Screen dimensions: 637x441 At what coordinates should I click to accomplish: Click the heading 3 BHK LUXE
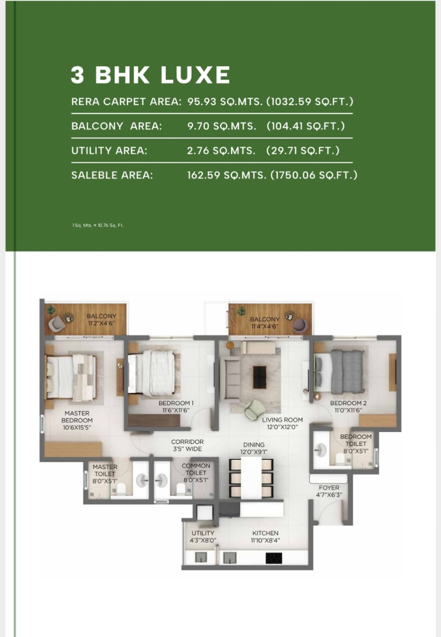pos(150,75)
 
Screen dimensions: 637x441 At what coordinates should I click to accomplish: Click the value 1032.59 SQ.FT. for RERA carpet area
pos(310,102)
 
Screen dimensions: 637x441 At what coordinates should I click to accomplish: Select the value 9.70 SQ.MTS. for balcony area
pos(221,126)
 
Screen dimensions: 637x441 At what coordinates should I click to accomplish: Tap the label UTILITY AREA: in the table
pos(110,150)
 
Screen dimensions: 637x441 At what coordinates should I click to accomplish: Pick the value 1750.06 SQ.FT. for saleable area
pos(314,175)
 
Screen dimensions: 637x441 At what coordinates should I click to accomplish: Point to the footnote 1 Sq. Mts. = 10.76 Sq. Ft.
pos(98,225)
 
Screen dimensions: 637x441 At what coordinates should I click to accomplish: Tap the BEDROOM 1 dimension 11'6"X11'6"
pos(174,411)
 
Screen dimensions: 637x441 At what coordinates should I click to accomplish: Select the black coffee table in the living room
pos(259,377)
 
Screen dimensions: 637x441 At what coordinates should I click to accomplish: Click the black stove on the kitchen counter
pos(274,558)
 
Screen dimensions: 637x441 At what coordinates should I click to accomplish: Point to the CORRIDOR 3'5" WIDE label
pos(187,445)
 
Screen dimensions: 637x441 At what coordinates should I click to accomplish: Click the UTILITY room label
pos(203,533)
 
